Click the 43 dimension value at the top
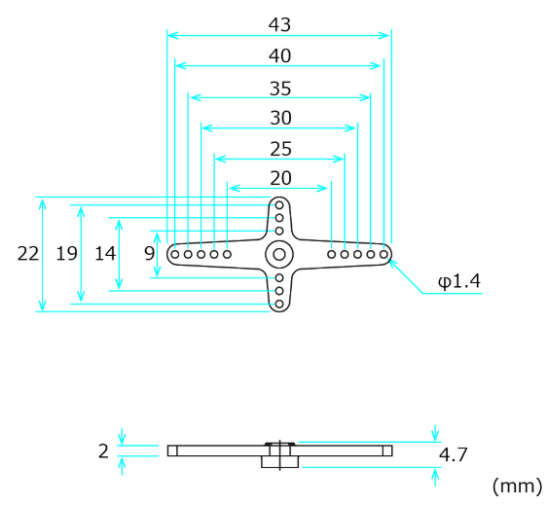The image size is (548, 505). point(279,23)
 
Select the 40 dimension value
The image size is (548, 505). point(279,55)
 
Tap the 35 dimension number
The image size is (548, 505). point(279,88)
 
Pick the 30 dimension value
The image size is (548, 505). point(279,118)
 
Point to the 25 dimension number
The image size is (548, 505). point(279,149)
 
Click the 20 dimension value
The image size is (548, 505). point(279,178)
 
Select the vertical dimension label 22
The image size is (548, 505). point(28,254)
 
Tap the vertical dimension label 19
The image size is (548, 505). point(66,254)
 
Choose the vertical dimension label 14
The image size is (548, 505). point(105,254)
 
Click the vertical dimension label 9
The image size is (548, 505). point(148,254)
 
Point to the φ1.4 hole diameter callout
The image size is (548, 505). point(459,281)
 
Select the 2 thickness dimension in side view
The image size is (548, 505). point(104,451)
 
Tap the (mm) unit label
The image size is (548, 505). point(518,485)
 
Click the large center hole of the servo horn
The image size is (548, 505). point(279,254)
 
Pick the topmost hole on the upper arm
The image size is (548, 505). point(279,205)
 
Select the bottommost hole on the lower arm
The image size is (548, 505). point(279,304)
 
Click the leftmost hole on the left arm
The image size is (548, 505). point(174,254)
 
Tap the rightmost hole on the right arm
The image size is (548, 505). point(384,254)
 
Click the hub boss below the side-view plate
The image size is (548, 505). point(278,462)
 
